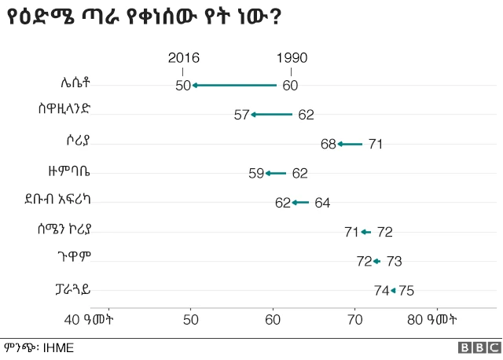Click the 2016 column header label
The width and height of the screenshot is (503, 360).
point(183,58)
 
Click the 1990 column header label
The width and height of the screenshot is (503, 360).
point(292,58)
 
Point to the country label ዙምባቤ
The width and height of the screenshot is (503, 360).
point(68,172)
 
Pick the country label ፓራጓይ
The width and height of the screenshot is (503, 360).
point(68,289)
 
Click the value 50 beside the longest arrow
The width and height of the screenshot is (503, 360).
point(182,86)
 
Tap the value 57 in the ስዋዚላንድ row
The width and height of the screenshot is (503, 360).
point(241,115)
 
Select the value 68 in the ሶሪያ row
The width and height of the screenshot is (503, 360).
point(329,144)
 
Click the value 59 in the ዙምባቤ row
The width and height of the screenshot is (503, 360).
point(256,173)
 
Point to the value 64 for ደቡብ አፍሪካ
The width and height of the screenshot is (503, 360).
point(322,203)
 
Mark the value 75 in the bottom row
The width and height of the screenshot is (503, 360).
point(406,291)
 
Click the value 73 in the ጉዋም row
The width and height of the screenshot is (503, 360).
point(394,261)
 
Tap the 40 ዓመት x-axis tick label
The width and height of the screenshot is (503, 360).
point(90,319)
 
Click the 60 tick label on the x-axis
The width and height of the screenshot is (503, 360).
point(273,319)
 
